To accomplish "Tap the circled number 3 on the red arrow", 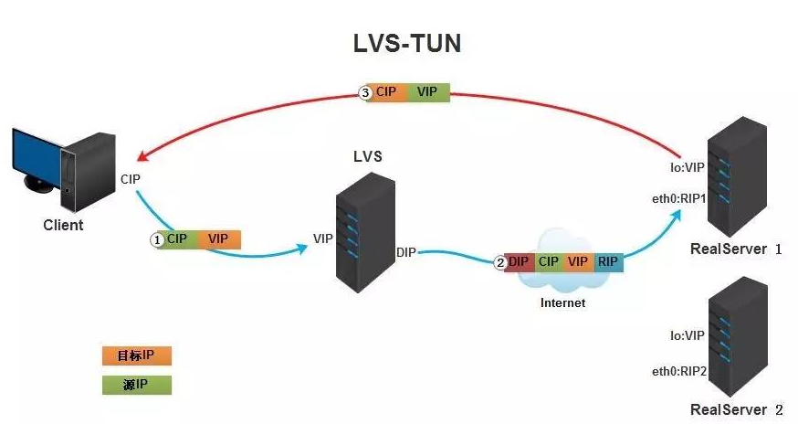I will click(364, 92).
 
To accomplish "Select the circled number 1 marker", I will click(156, 239).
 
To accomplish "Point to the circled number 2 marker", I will click(499, 262).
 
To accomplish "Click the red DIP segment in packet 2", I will click(519, 262).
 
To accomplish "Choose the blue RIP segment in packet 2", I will click(607, 262).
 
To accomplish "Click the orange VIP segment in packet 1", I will click(218, 239).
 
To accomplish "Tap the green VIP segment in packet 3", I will click(426, 92).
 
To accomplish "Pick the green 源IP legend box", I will click(136, 385).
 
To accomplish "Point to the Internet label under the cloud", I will click(562, 302).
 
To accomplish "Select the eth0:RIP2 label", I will click(677, 370).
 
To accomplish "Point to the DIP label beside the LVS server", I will click(406, 252).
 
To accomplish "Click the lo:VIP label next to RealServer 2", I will click(688, 335).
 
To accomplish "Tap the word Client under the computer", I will click(63, 225).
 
